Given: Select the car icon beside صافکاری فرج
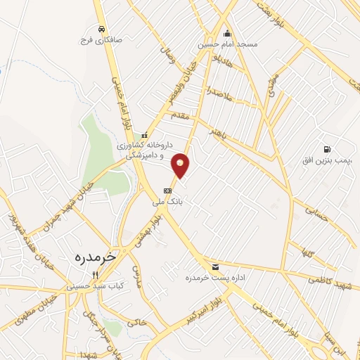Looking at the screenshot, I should click(x=102, y=29).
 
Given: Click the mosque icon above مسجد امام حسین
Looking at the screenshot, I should click(x=227, y=33).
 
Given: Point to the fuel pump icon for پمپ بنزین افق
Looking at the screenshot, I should click(x=327, y=149).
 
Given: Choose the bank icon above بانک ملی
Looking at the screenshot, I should click(x=167, y=190).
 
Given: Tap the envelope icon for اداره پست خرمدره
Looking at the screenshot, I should click(x=215, y=266).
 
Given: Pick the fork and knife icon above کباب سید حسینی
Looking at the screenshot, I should click(x=95, y=275).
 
